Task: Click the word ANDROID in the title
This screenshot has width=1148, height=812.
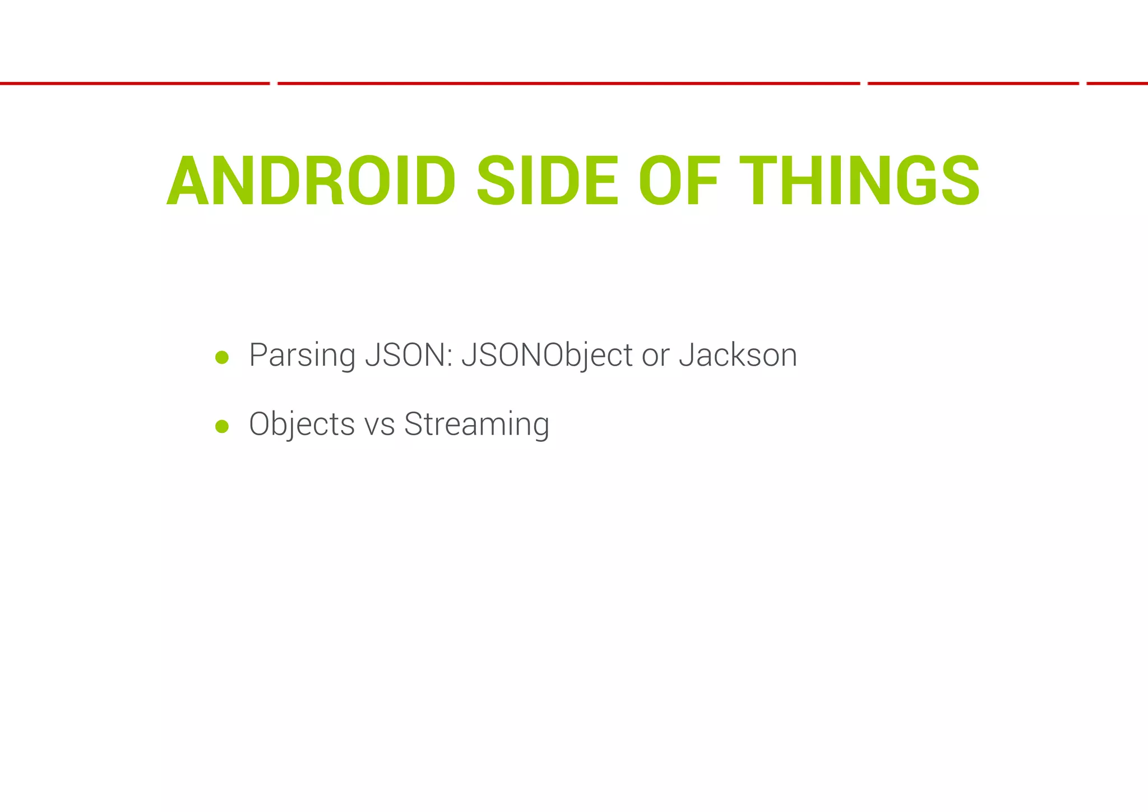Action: coord(311,181)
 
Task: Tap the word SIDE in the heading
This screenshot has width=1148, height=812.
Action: coord(547,181)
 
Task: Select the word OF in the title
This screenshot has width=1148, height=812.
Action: coord(679,181)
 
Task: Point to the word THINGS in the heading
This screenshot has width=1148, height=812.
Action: coord(859,181)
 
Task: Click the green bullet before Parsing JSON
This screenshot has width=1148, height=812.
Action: coord(222,357)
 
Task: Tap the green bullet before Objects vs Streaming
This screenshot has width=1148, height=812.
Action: coord(222,427)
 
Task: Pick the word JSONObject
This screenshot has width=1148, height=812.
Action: coord(547,356)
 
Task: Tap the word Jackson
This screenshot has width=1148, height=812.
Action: coord(738,356)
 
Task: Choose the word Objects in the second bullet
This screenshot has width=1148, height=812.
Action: coord(302,425)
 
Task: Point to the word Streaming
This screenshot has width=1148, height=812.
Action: coord(476,425)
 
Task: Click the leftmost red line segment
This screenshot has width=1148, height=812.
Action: coord(135,84)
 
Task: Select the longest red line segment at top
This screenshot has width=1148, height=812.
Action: coord(568,84)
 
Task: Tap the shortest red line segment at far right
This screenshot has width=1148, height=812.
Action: coord(1117,84)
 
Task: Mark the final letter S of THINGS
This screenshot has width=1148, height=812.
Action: coord(960,181)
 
